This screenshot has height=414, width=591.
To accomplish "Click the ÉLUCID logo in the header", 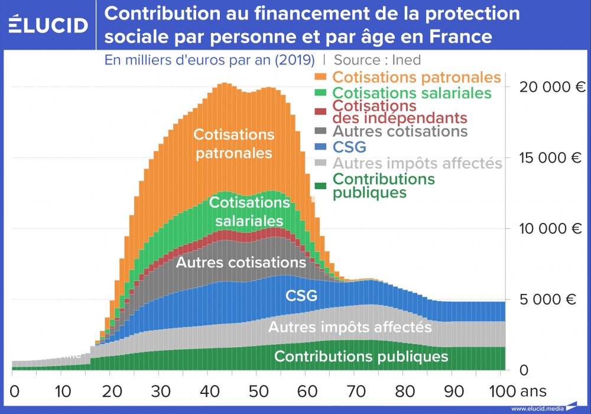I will [48, 25].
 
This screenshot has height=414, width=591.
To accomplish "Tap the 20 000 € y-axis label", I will [551, 88].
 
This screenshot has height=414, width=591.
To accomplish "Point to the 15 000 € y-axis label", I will [551, 159].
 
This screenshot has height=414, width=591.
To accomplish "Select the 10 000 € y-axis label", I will [551, 229].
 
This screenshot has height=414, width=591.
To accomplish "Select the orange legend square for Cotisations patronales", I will [321, 77].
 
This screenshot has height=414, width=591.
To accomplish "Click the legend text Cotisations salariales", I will [412, 93].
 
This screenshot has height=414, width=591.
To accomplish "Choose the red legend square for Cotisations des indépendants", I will [321, 111].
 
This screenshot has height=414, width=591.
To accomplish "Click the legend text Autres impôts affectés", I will [417, 163].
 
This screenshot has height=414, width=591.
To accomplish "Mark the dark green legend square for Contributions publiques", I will [321, 186].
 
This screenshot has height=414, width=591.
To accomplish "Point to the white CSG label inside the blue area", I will [301, 295].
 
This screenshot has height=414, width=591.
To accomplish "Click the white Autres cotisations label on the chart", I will [241, 262].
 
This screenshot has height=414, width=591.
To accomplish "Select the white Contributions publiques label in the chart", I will [361, 357].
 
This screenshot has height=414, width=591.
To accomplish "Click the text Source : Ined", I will [377, 60].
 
